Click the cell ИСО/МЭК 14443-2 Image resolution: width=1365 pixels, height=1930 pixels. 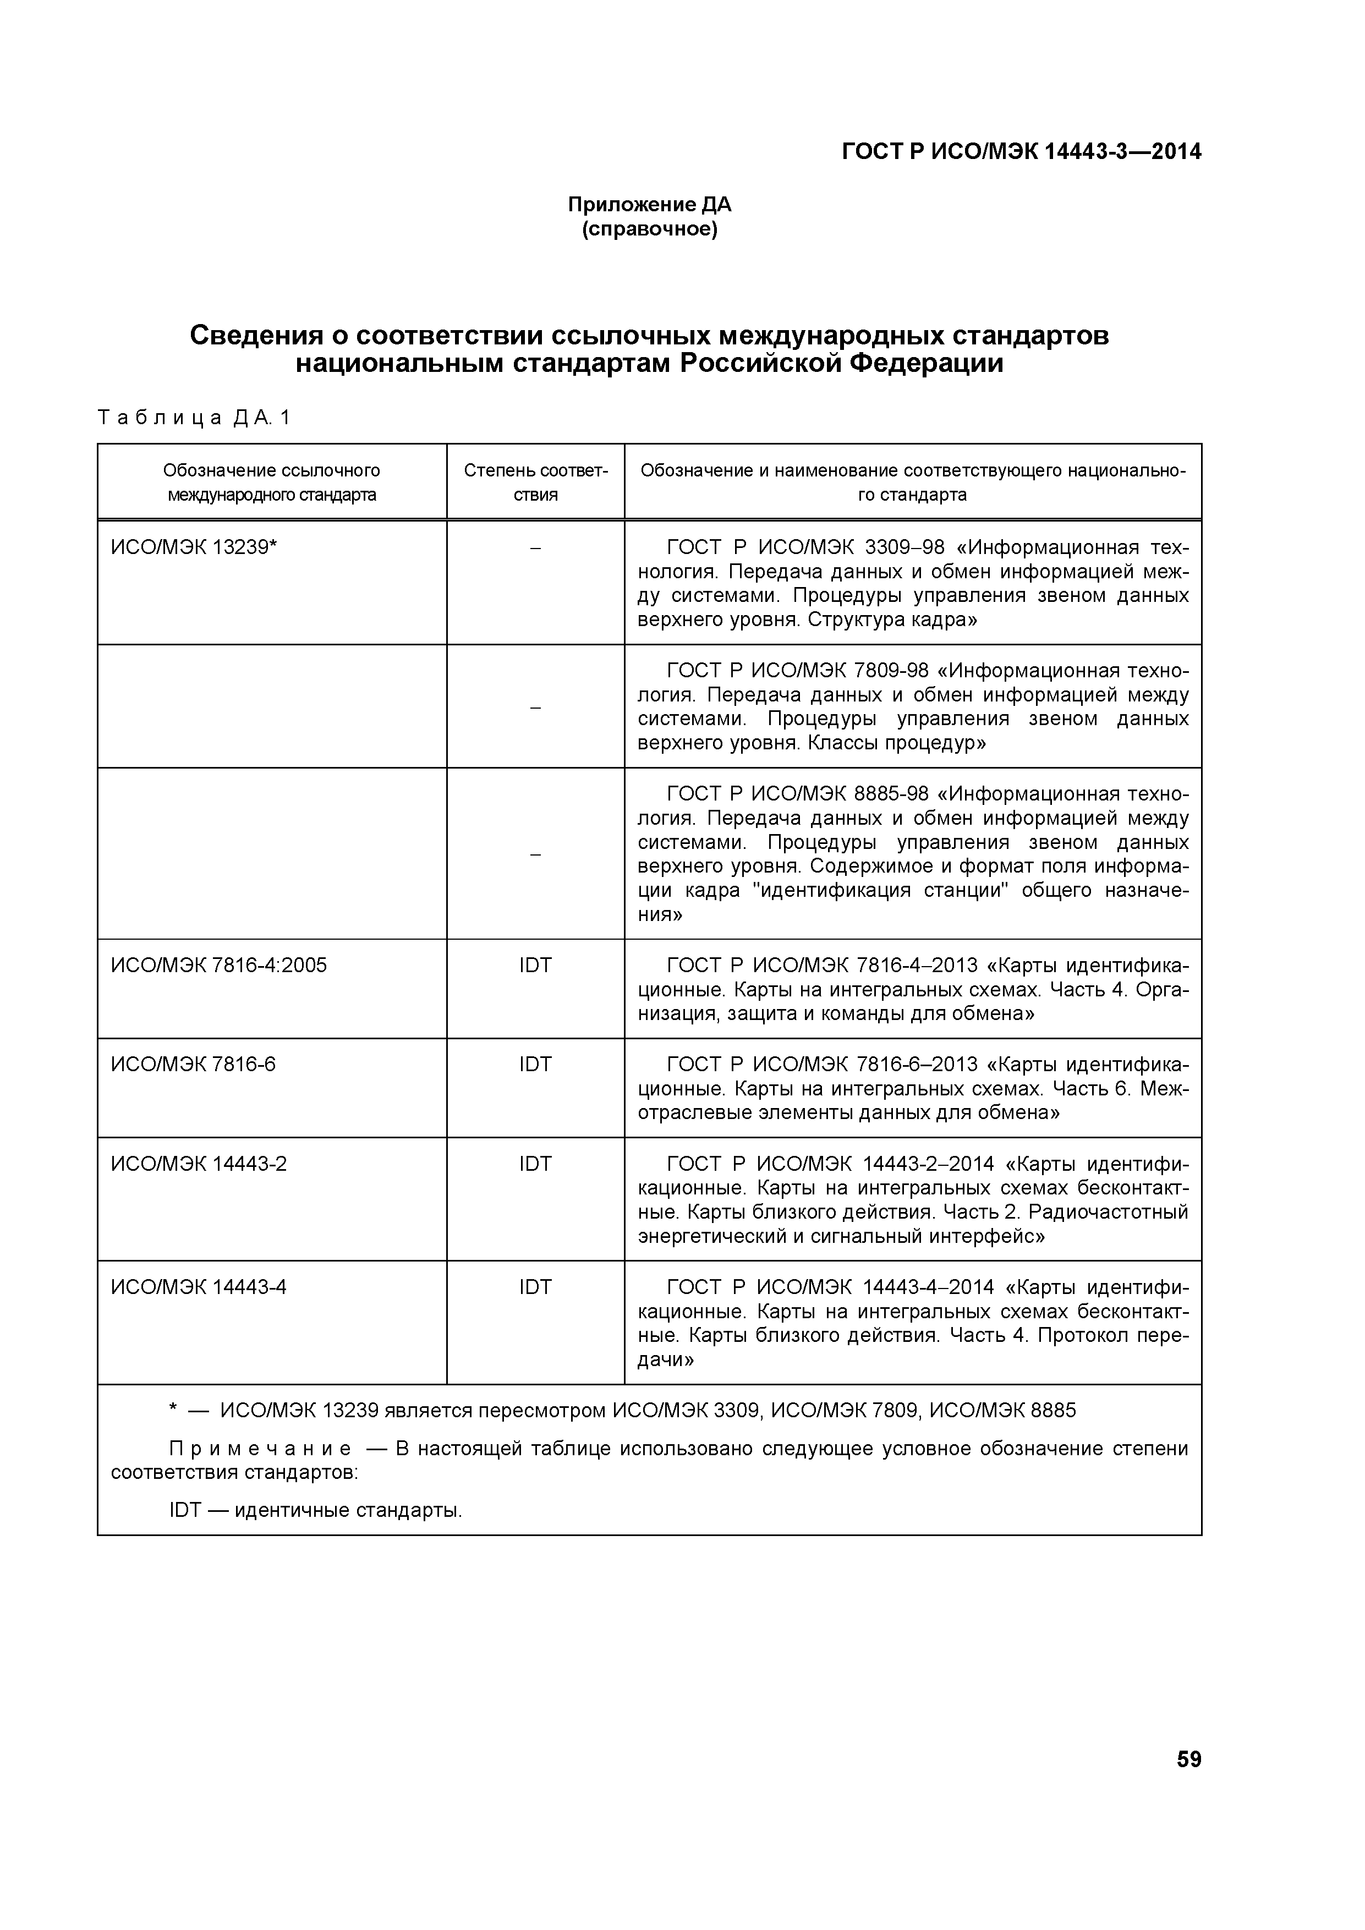199,1164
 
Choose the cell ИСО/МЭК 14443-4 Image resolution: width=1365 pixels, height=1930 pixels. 199,1287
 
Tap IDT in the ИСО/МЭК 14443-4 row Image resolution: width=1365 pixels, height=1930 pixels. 535,1287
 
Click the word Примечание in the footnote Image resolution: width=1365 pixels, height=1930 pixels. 261,1449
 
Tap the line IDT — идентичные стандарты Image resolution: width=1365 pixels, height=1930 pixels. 316,1511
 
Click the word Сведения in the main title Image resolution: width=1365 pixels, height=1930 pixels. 256,336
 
